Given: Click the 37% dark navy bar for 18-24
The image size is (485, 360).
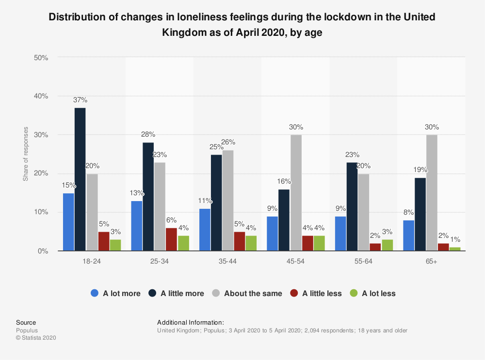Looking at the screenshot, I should coord(80,179).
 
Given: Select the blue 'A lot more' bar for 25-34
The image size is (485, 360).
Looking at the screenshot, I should coord(136,226).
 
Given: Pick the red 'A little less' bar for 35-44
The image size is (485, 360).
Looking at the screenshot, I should coord(239,241).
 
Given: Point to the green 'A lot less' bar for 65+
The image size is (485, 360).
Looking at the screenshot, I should coord(454,249).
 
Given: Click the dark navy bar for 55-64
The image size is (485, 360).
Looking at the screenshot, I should coord(352,206).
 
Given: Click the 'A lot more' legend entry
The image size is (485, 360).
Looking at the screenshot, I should coord(116,293).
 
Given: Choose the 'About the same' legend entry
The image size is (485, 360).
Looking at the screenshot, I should coord(247,293).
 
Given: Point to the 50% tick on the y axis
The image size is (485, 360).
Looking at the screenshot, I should coord(41,58).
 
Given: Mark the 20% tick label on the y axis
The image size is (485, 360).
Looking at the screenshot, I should coord(41,173).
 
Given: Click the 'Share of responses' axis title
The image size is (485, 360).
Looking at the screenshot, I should coord(25,154).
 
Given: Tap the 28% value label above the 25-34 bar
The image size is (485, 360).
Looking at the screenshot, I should coord(148,134).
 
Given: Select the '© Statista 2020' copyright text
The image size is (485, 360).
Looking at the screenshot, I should coord(36,338).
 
